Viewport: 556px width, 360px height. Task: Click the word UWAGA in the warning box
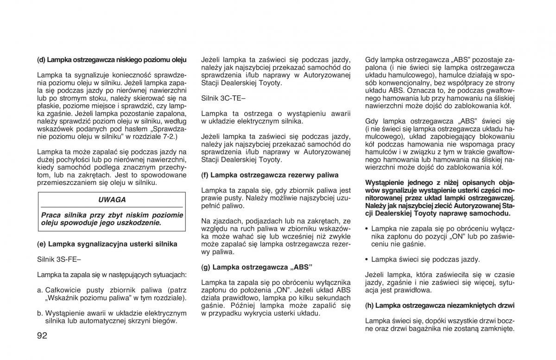(112, 200)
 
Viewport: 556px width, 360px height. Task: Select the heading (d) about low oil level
(112, 60)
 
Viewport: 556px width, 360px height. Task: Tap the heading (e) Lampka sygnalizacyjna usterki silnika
(107, 244)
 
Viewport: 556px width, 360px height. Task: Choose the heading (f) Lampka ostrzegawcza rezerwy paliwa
(270, 175)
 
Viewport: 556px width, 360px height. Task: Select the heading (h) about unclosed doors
(440, 305)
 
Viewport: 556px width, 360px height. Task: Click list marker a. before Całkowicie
(40, 290)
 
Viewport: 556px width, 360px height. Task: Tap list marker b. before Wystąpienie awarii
(40, 313)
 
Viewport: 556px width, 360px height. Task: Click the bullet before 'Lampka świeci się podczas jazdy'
(367, 259)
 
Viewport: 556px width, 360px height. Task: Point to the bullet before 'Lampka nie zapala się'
(367, 228)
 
